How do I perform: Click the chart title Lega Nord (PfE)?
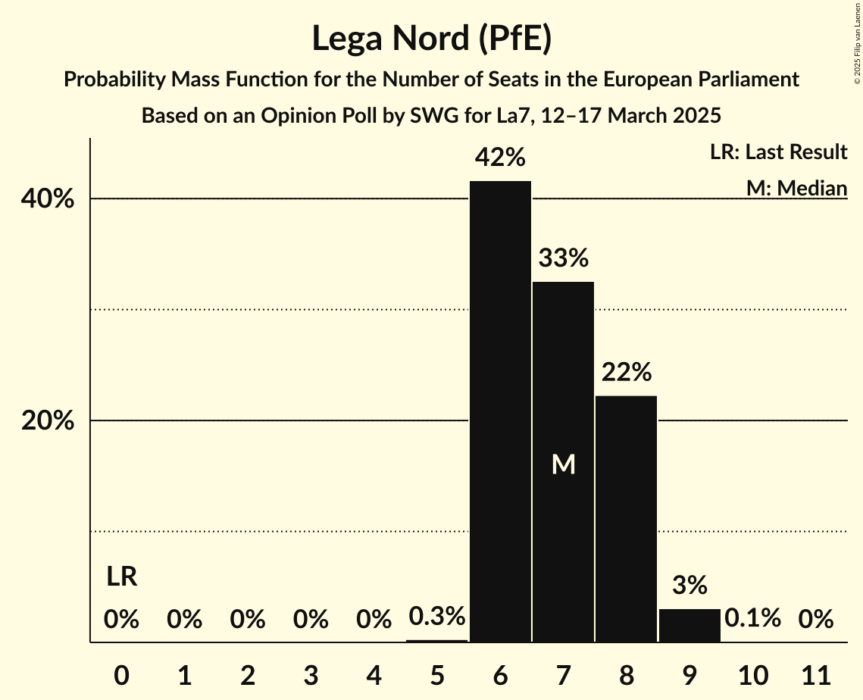click(431, 39)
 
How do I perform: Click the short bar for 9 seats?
click(689, 626)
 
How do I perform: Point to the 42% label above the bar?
click(500, 158)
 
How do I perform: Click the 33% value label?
click(563, 258)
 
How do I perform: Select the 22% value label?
click(626, 372)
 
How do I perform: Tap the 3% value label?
click(689, 585)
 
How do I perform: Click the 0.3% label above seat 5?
click(437, 617)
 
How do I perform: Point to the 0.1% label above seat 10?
click(752, 618)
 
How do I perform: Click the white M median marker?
click(563, 464)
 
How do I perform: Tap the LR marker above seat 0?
click(121, 577)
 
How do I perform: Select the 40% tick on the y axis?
click(48, 199)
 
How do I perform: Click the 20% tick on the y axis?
click(48, 421)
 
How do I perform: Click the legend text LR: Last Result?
click(778, 152)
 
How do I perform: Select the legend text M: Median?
click(796, 188)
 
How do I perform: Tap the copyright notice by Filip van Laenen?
click(856, 53)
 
